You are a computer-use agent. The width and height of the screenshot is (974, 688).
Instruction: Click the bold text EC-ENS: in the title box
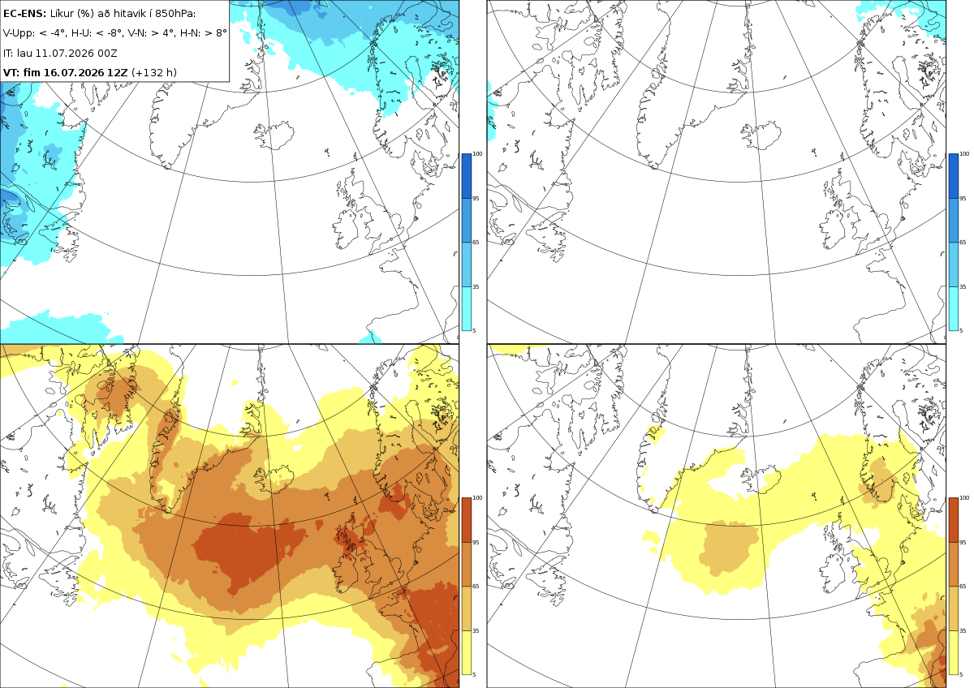pyautogui.click(x=24, y=14)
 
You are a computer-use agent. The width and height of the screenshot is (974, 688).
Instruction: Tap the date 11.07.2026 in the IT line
pyautogui.click(x=65, y=53)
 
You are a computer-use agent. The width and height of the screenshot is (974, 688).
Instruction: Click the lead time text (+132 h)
pyautogui.click(x=154, y=72)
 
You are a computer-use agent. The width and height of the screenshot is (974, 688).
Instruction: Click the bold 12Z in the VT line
pyautogui.click(x=118, y=72)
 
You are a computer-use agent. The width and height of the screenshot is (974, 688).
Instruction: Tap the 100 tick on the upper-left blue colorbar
pyautogui.click(x=477, y=154)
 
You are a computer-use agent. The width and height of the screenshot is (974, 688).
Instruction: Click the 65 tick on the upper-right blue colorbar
pyautogui.click(x=963, y=242)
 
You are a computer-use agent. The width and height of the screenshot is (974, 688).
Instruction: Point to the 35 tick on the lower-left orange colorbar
pyautogui.click(x=476, y=630)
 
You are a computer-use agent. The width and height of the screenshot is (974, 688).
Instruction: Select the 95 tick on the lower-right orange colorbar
pyautogui.click(x=963, y=543)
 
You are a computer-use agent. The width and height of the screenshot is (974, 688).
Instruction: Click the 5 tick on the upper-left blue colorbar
pyautogui.click(x=474, y=331)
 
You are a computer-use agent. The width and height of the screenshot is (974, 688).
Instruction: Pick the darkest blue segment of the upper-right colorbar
pyautogui.click(x=954, y=176)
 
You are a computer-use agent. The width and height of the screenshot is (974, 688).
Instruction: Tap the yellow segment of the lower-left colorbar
pyautogui.click(x=466, y=652)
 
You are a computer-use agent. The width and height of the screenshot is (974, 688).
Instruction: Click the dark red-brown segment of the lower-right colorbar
pyautogui.click(x=954, y=520)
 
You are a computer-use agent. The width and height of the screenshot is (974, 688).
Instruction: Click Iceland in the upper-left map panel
pyautogui.click(x=275, y=135)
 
